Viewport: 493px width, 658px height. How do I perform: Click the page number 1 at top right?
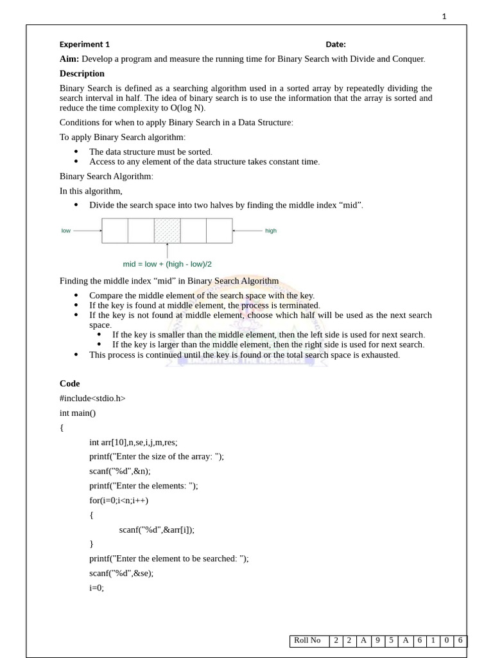tap(444, 17)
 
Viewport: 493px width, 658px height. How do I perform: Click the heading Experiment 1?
tap(85, 44)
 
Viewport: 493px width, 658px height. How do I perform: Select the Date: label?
tap(336, 44)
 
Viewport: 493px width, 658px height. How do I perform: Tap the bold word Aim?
tap(69, 59)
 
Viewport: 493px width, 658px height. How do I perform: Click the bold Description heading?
tap(82, 74)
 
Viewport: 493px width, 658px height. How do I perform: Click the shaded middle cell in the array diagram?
tap(167, 231)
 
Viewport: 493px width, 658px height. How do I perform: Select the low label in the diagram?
tap(66, 231)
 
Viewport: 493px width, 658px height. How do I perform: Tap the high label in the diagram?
tap(271, 231)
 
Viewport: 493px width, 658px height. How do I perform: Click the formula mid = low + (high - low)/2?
tap(168, 264)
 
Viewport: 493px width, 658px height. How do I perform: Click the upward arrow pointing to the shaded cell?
tap(167, 250)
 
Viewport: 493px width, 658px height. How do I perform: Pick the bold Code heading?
tap(70, 384)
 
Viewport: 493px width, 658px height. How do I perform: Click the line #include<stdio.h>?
tap(92, 398)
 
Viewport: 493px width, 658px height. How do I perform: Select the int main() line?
tap(78, 413)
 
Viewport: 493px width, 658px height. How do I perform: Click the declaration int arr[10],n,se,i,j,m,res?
tap(134, 442)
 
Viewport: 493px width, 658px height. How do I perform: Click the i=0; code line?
tap(96, 587)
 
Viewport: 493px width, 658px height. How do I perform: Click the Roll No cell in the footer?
tap(307, 641)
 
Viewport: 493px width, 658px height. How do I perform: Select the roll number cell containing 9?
tap(378, 641)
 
